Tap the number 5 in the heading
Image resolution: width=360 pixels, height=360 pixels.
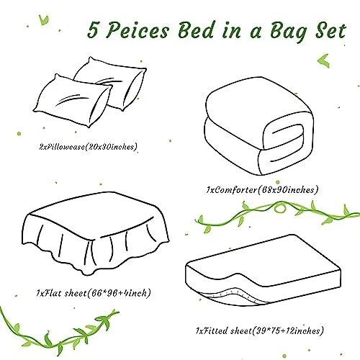click(x=93, y=30)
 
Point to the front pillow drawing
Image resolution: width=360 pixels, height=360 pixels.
click(x=72, y=101)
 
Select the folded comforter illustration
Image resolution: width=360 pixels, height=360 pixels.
click(x=260, y=126)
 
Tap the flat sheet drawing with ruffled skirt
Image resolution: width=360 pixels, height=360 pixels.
click(x=96, y=233)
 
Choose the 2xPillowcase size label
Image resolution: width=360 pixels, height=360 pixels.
click(x=88, y=146)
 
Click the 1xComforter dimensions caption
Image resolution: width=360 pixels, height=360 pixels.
click(x=262, y=190)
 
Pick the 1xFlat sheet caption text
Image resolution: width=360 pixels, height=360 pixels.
click(x=94, y=293)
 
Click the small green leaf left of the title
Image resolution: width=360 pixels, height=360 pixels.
click(x=44, y=20)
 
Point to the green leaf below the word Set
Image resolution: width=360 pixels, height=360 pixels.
click(x=324, y=60)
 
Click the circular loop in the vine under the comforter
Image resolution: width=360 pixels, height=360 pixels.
click(x=279, y=208)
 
